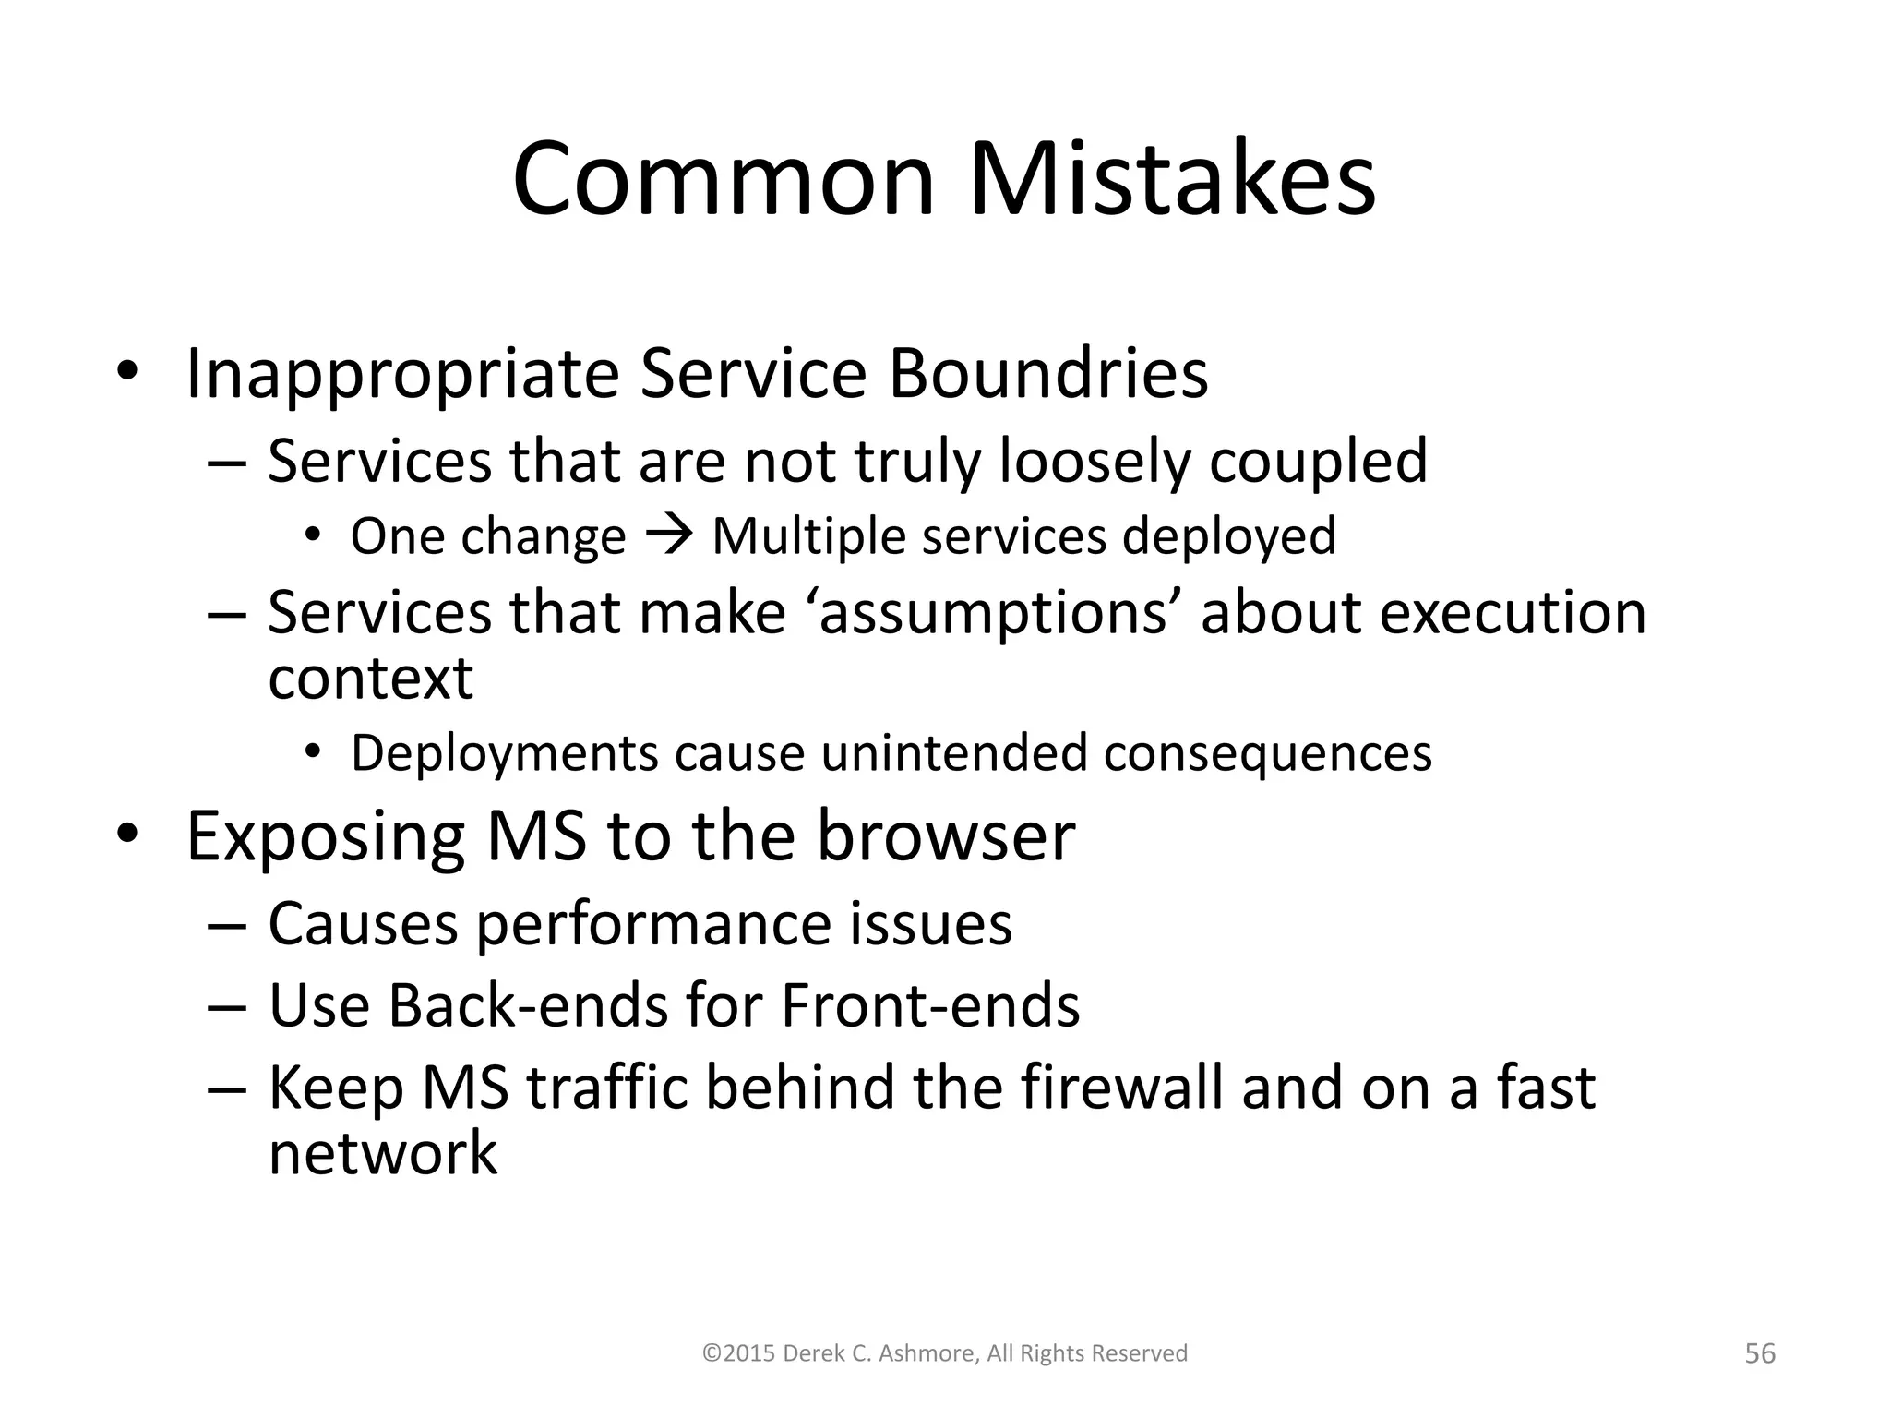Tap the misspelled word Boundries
tap(1047, 374)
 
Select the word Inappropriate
tap(402, 374)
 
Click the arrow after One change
tap(668, 535)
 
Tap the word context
tap(370, 679)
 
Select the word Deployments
tap(504, 753)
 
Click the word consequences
tap(1267, 753)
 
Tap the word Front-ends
tap(930, 1005)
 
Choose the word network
tap(382, 1153)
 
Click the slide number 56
tap(1760, 1353)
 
